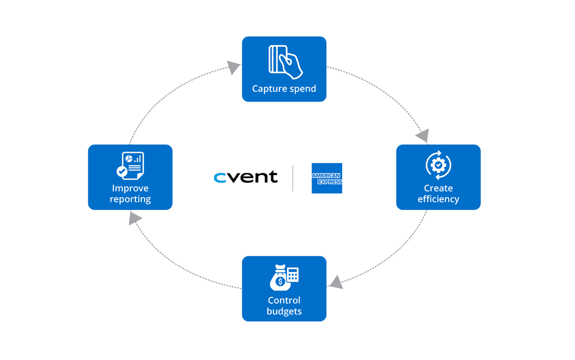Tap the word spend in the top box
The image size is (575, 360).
tap(302, 89)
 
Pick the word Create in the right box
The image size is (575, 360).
tap(438, 188)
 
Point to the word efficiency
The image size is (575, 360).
tap(438, 199)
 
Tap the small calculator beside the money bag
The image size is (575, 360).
tap(293, 274)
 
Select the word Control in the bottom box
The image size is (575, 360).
tap(284, 301)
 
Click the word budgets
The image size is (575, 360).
tap(284, 311)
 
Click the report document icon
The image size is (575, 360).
tap(131, 165)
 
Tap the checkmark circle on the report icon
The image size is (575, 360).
tap(122, 172)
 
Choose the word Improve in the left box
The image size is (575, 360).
tap(130, 188)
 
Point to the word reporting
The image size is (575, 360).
tap(130, 199)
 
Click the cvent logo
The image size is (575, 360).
tap(245, 177)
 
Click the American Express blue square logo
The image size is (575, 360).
tap(327, 178)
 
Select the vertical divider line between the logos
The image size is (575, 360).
tap(293, 178)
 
